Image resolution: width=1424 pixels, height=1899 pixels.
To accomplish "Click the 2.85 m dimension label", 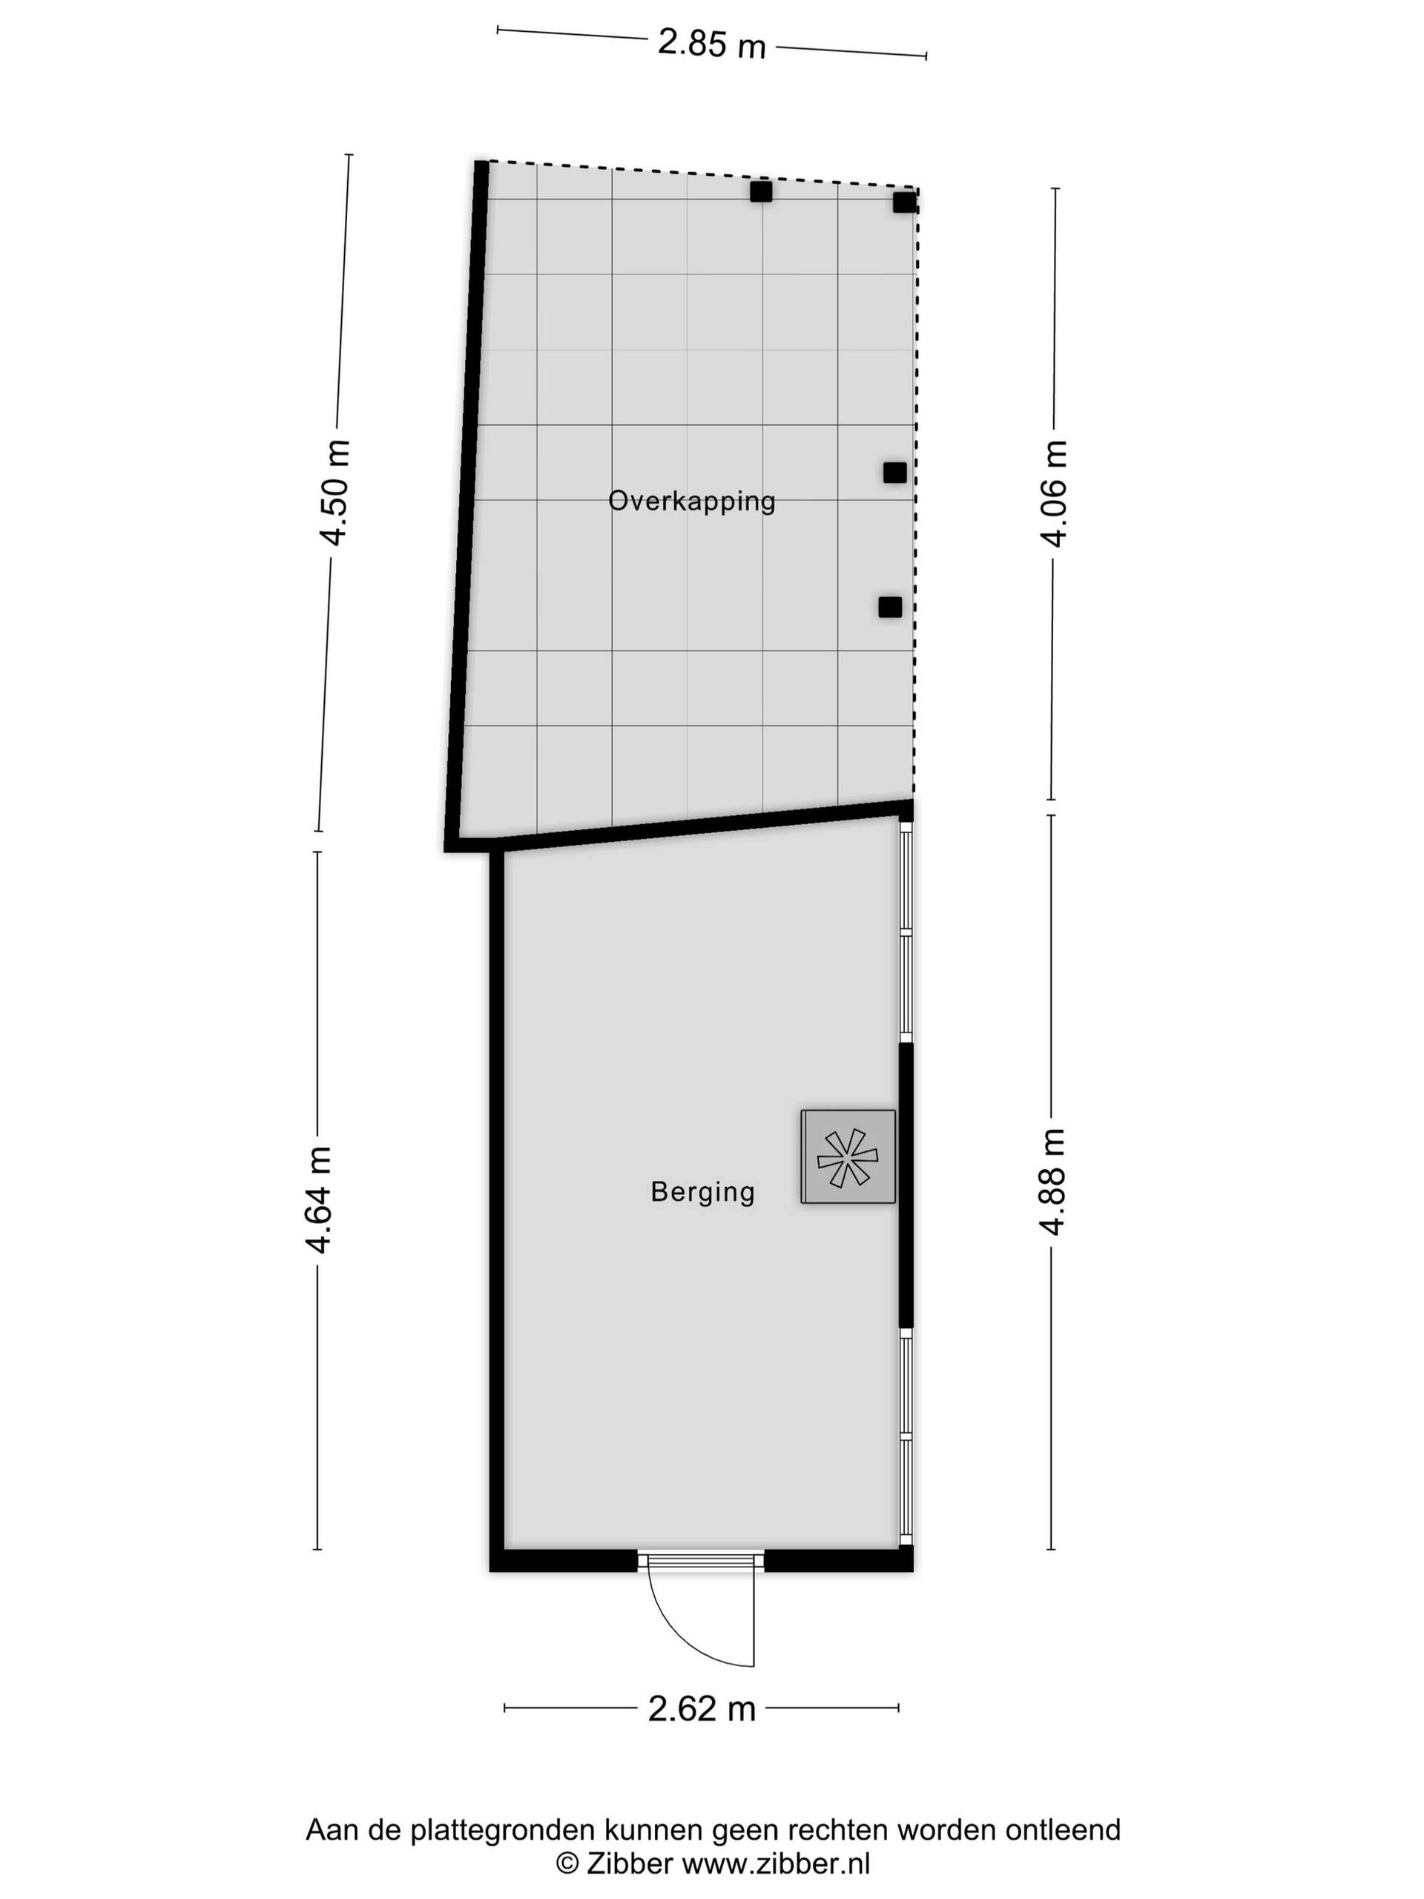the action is pos(711,43).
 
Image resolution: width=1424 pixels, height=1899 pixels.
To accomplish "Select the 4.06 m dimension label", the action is pos(1053,493).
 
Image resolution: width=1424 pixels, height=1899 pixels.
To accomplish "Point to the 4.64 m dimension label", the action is pos(320,1199).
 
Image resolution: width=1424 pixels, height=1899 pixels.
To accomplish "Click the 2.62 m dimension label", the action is pos(702,1708).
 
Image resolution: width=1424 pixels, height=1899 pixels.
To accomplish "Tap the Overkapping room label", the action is pos(692,501).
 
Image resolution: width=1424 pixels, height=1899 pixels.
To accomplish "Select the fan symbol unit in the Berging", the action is pos(848,1156).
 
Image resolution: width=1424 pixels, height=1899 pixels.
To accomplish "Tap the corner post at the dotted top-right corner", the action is pos(905,203).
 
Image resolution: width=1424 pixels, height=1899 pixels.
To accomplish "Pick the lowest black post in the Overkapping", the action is pos(890,607).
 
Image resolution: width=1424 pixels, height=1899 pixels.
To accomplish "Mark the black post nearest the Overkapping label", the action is pos(895,473).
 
